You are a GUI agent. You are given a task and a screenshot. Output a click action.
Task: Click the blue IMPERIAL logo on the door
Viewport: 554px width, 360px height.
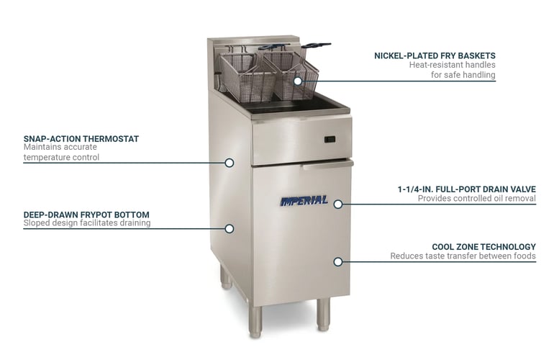(304, 201)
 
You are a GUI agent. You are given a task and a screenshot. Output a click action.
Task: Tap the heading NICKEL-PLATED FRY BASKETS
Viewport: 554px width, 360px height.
(435, 55)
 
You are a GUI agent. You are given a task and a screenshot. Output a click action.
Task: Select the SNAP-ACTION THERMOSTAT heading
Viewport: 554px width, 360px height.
(81, 139)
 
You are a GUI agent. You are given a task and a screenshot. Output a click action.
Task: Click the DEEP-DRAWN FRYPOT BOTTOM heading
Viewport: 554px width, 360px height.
(86, 215)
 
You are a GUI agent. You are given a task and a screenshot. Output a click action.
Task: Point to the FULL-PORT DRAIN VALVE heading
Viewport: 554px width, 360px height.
(467, 189)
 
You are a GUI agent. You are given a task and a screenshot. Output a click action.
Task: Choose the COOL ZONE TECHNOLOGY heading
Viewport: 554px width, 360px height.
(484, 247)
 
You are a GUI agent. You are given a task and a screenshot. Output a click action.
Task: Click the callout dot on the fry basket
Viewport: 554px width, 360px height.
(298, 81)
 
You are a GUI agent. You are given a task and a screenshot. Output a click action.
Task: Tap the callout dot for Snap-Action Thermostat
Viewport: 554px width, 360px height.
(230, 163)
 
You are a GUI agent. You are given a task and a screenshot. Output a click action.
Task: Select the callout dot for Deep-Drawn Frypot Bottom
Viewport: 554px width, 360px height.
(230, 229)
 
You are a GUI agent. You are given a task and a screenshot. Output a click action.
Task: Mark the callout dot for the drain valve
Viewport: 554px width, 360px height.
(338, 204)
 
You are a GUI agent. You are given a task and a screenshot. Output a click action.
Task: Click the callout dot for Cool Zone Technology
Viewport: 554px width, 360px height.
(338, 261)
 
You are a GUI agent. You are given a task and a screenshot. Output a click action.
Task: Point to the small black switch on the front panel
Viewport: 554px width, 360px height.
(330, 140)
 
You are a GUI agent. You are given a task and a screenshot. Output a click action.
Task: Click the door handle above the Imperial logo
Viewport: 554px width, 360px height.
(327, 164)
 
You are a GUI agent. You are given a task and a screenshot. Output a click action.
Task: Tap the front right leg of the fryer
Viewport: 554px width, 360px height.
(323, 315)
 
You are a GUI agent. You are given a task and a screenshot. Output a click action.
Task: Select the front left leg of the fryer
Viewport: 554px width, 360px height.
(255, 321)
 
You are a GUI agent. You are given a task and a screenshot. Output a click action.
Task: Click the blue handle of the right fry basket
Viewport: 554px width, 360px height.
(317, 45)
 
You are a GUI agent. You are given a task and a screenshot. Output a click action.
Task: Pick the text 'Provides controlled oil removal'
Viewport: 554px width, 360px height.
(477, 199)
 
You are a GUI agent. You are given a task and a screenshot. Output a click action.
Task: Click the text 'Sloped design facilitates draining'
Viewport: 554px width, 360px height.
(87, 222)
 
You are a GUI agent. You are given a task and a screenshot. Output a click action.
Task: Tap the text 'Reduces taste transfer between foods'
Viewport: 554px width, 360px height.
(463, 256)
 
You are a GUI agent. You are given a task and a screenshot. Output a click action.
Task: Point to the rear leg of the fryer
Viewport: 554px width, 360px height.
(226, 278)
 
